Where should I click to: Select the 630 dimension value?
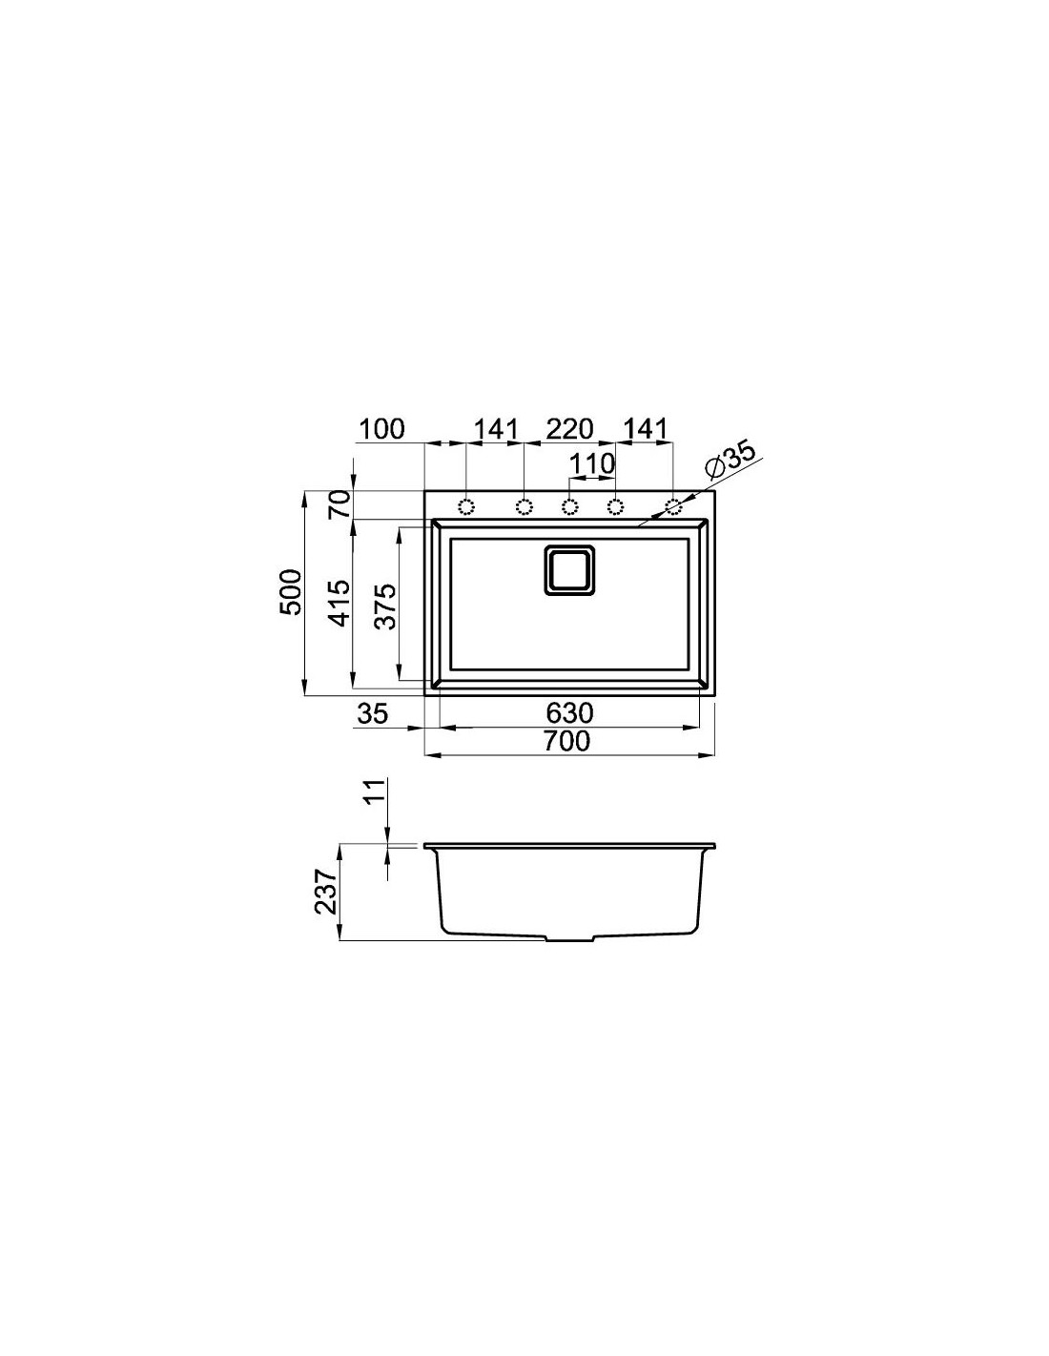[568, 712]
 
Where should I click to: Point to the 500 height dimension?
[291, 591]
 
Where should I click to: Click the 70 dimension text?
[340, 504]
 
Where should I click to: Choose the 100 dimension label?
[381, 429]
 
